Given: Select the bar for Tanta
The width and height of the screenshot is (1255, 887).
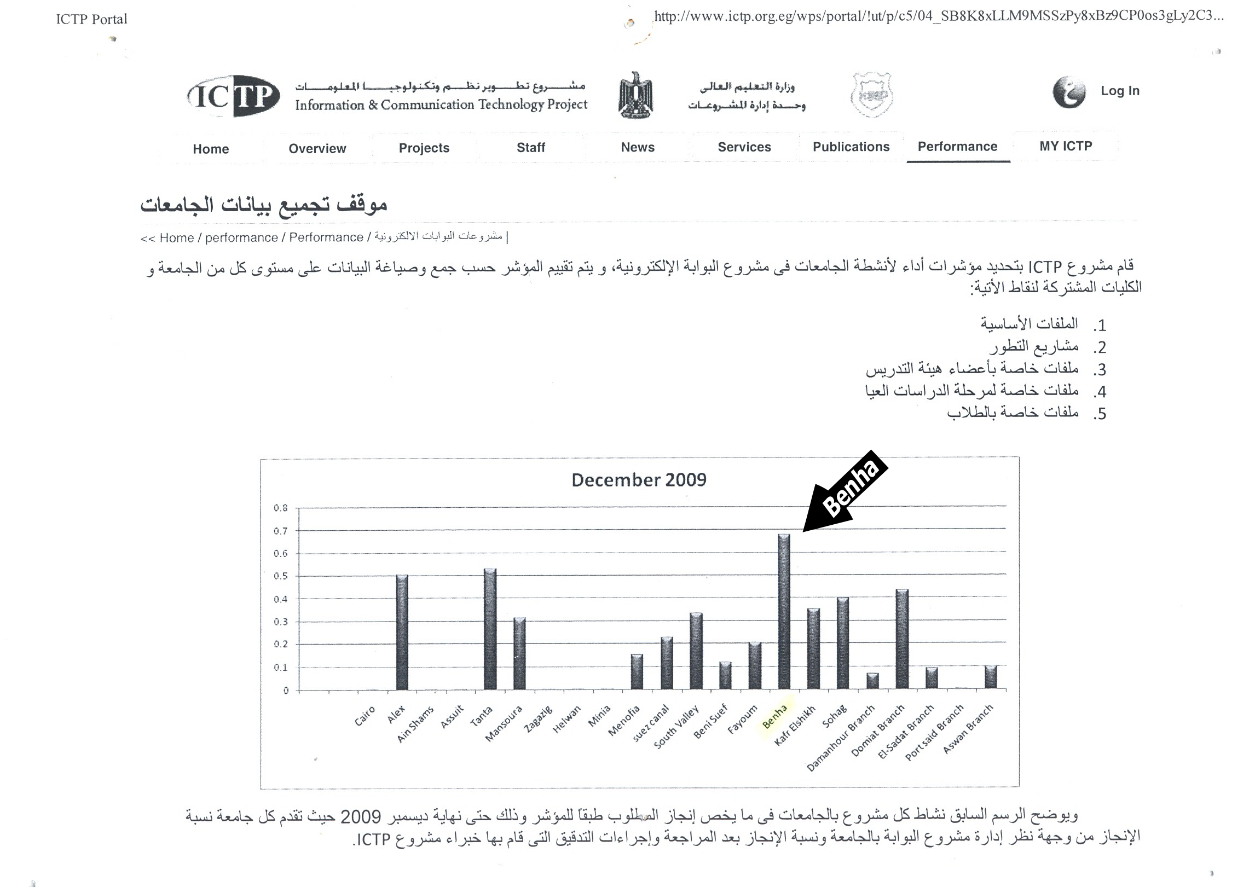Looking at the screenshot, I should point(490,629).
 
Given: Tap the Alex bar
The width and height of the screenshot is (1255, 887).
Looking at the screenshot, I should point(402,632).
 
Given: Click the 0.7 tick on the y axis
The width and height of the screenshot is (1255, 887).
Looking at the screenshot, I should point(281,531).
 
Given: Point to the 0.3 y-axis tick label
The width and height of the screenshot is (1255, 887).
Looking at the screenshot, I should point(281,622).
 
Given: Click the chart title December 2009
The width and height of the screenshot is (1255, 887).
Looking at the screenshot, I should point(639,480).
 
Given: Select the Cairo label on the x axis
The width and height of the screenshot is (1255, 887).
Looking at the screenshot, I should point(365,716).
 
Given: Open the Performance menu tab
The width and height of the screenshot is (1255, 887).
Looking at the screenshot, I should point(957,147).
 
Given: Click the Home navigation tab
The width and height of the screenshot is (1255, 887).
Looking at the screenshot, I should point(211,149).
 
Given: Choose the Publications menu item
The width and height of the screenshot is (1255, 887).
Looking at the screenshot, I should point(851,147).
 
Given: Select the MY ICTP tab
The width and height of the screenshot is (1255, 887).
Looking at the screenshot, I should point(1065,146).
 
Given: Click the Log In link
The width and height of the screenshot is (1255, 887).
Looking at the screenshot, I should point(1120,91).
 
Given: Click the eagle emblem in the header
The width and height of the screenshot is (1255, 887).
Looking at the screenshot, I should point(635,95).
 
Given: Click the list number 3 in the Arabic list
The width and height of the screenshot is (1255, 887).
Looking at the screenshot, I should point(1100,370).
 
